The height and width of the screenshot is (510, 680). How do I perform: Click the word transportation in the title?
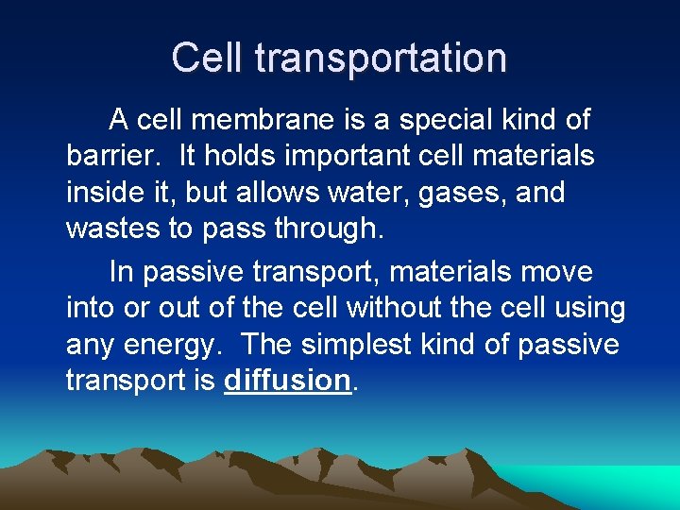point(382,59)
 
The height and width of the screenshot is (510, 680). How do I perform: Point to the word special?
point(438,120)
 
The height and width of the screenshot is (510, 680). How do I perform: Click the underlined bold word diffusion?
point(287,381)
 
